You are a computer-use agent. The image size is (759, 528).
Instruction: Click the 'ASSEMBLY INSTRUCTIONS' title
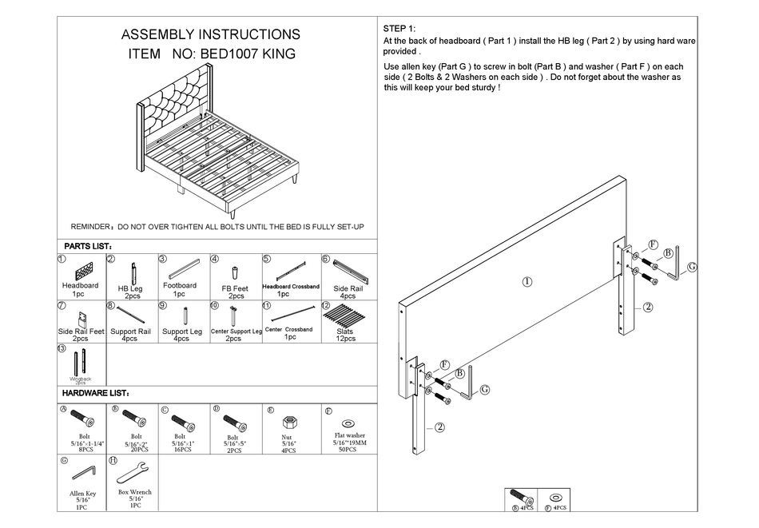[x=210, y=34]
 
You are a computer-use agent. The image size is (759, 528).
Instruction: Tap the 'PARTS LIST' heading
[x=88, y=247]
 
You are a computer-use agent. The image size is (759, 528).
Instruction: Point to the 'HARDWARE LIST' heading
[x=96, y=393]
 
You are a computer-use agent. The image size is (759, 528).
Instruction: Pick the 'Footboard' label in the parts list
[x=179, y=285]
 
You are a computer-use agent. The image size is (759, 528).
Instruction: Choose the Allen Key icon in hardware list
[x=83, y=474]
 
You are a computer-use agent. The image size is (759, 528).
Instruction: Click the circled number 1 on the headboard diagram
[x=527, y=281]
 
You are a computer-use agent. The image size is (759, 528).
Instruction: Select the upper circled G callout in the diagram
[x=692, y=266]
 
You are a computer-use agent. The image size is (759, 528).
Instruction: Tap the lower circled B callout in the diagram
[x=460, y=373]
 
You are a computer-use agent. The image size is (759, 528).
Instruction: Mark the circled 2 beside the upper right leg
[x=648, y=307]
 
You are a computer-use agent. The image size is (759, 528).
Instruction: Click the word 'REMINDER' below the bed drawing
[x=93, y=227]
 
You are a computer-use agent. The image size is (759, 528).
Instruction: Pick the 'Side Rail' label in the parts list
[x=348, y=287]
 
